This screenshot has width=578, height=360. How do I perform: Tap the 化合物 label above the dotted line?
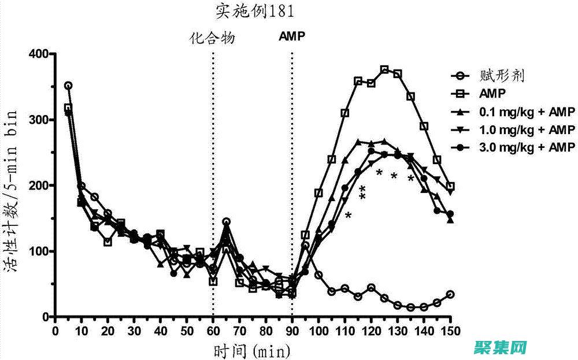pos(213,38)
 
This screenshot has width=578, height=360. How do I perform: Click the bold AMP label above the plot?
pos(292,36)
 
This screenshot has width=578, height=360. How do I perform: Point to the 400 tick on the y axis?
pos(41,54)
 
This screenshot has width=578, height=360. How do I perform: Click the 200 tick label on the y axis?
pos(41,185)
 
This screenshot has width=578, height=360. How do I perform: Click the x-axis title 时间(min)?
pos(252,350)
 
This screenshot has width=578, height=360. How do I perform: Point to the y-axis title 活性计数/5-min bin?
pos(16,185)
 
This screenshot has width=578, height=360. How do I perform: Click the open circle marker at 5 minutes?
pos(68,86)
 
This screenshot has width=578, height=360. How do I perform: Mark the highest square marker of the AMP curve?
pos(384,69)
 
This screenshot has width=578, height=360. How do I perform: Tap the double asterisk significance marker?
pos(363,194)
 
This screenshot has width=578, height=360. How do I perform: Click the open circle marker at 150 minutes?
pos(450,294)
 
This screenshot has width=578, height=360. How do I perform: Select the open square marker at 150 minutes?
pos(450,187)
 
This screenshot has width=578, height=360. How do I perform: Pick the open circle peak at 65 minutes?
pos(227,222)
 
